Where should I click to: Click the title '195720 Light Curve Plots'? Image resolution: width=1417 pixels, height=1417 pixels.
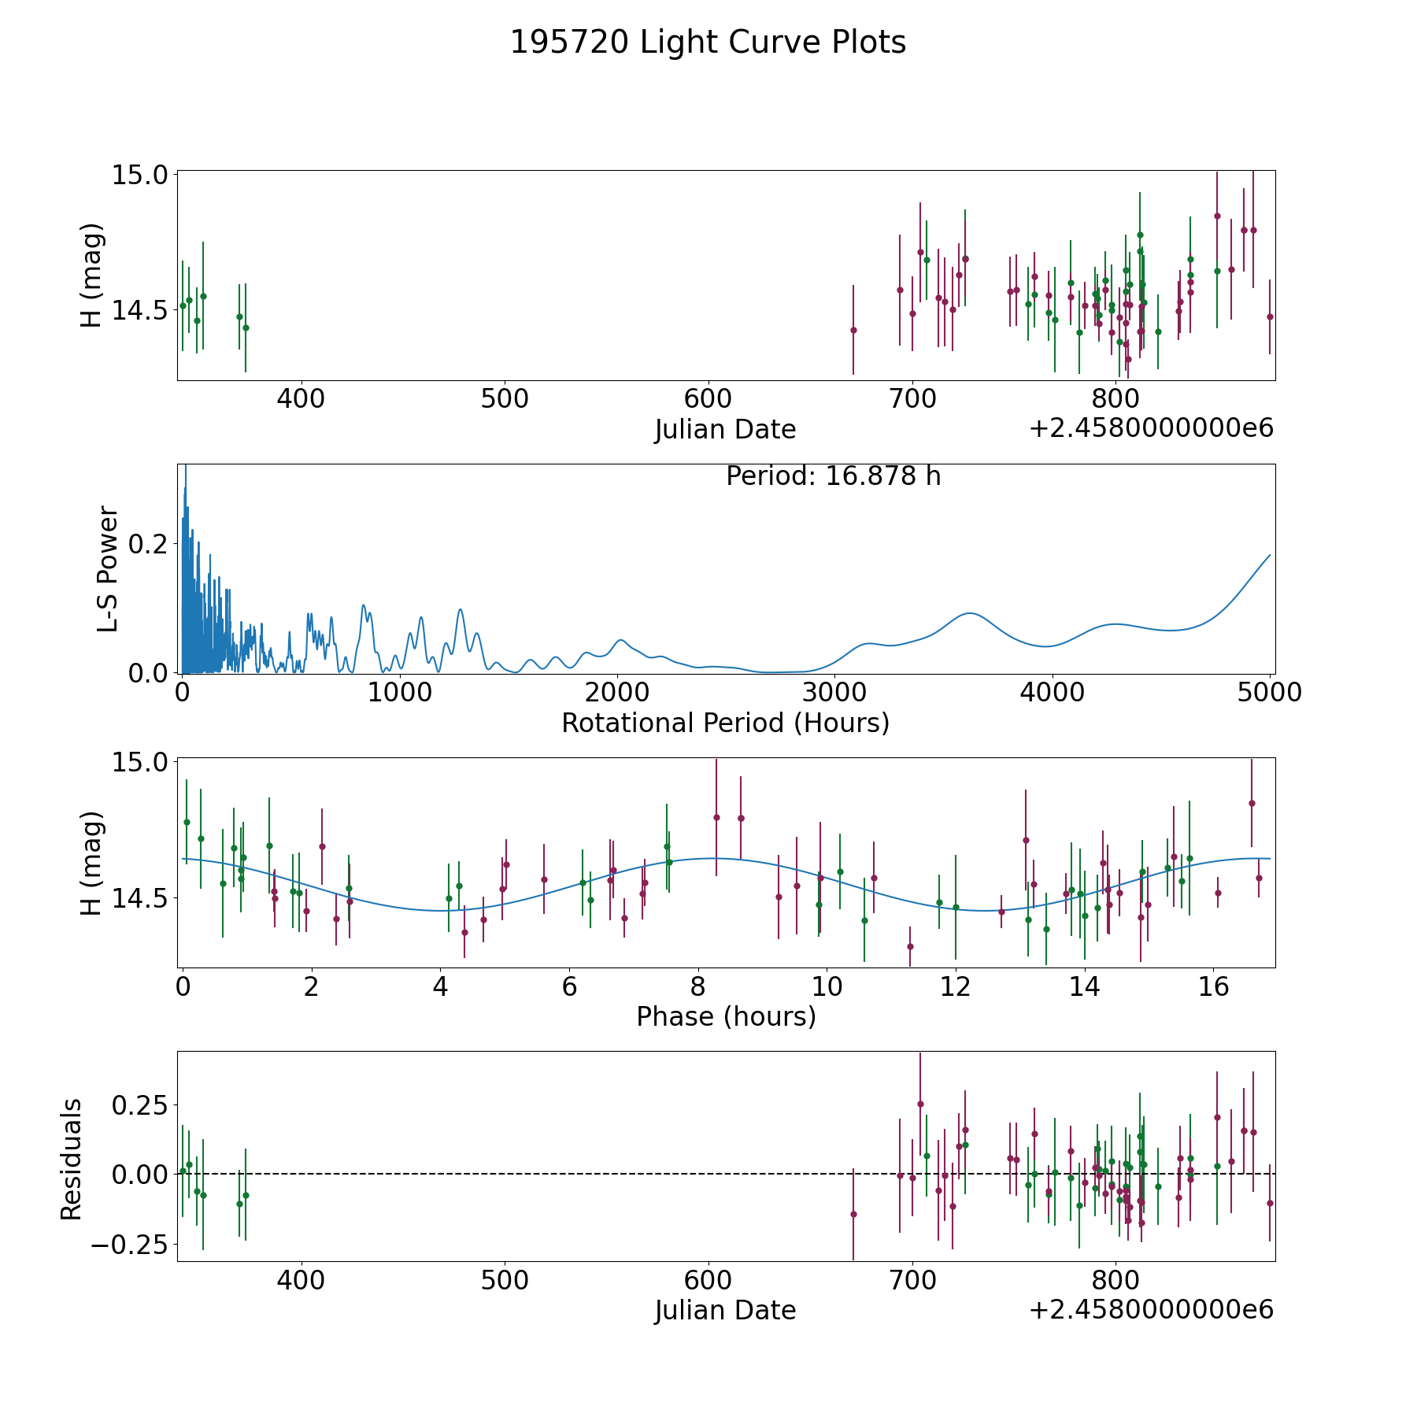(708, 43)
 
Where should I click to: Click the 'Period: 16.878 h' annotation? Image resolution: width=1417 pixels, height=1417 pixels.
(833, 476)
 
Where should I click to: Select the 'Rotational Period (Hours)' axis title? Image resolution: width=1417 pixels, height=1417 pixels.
(725, 723)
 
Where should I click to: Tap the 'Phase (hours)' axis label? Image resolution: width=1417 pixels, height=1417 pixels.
(725, 1016)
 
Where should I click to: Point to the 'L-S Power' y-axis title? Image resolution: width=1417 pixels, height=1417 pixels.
(109, 568)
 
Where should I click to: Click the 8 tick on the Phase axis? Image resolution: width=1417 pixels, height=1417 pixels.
(697, 986)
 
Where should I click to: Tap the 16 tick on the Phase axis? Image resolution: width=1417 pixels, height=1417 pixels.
(1213, 986)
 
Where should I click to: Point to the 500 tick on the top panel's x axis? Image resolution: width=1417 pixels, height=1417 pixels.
(505, 398)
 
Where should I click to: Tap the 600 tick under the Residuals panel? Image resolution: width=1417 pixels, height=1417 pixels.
(708, 1280)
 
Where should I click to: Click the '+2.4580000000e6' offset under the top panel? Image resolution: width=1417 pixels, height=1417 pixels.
(1151, 428)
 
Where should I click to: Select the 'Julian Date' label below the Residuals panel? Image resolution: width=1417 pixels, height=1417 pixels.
(725, 1310)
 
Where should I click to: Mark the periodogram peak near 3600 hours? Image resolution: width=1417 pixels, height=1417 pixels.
(970, 613)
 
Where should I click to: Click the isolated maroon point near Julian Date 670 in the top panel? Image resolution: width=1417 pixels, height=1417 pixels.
(853, 330)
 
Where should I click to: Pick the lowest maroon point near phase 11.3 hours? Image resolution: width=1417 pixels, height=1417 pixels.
(910, 946)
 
